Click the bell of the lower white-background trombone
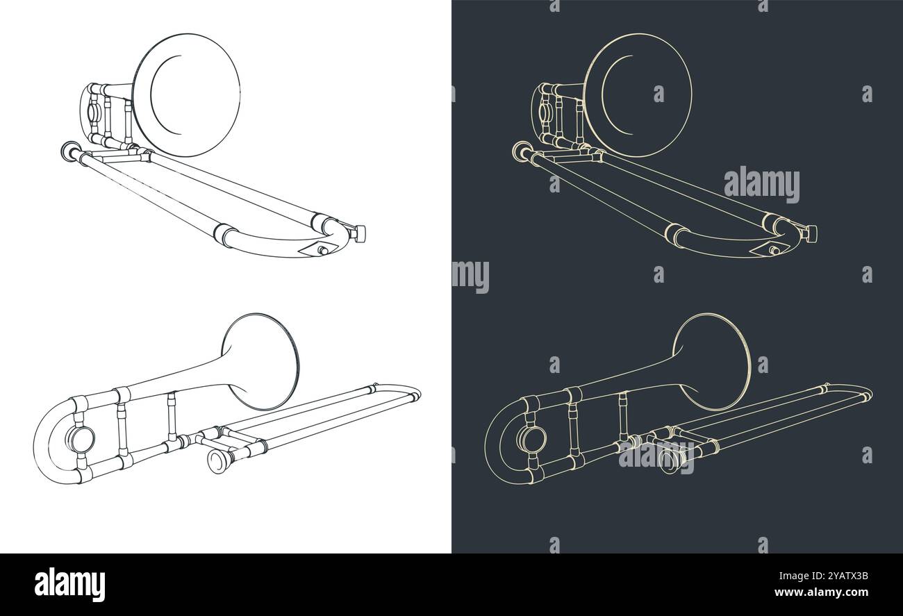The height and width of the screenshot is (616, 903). [x=261, y=361]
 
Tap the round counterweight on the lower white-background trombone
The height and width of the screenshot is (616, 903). [x=79, y=439]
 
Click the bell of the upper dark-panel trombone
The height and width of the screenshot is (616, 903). [x=638, y=94]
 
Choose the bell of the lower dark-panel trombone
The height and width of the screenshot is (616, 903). [x=713, y=361]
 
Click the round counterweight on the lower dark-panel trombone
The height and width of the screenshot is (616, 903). [x=531, y=439]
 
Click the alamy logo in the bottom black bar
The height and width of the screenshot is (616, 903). [x=69, y=584]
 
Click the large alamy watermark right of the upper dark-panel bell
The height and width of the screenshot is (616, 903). [x=761, y=184]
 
